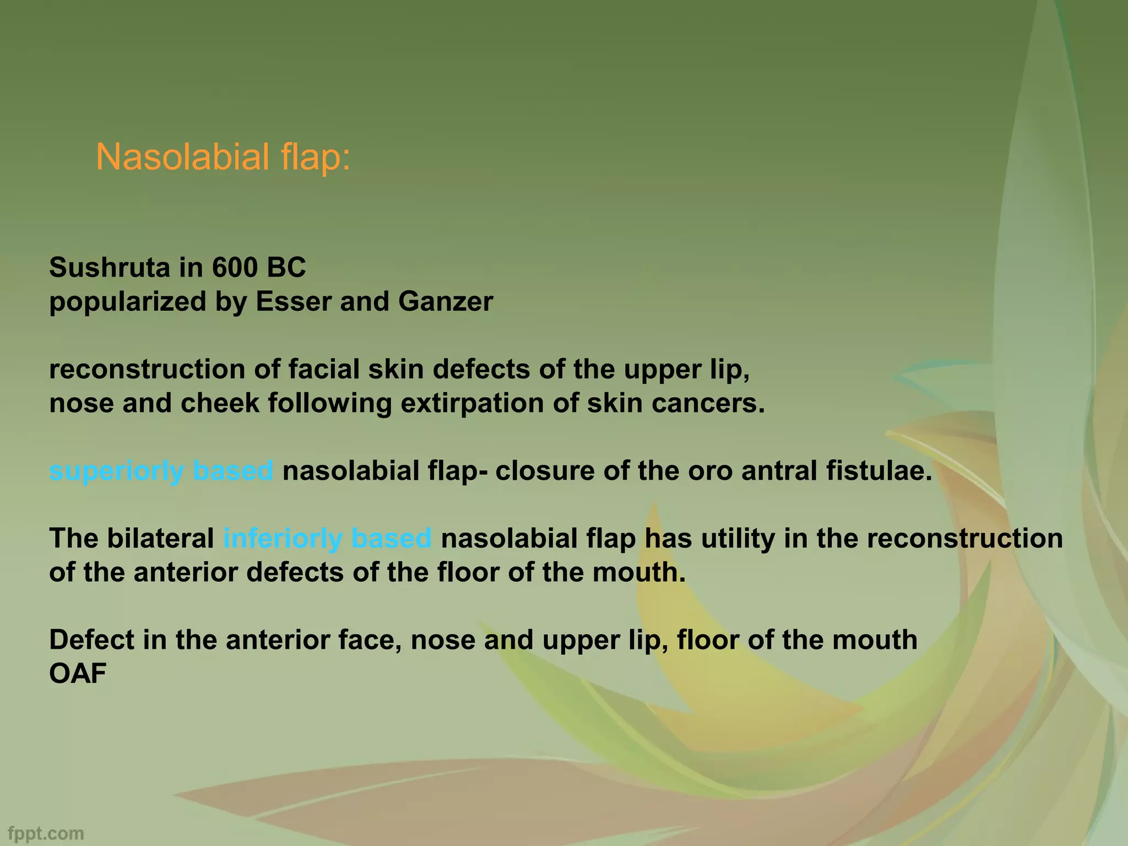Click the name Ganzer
445,302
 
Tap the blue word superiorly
116,471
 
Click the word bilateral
160,539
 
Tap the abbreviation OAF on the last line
78,674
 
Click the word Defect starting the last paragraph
91,640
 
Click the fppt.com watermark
46,833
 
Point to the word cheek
220,404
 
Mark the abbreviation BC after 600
286,268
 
